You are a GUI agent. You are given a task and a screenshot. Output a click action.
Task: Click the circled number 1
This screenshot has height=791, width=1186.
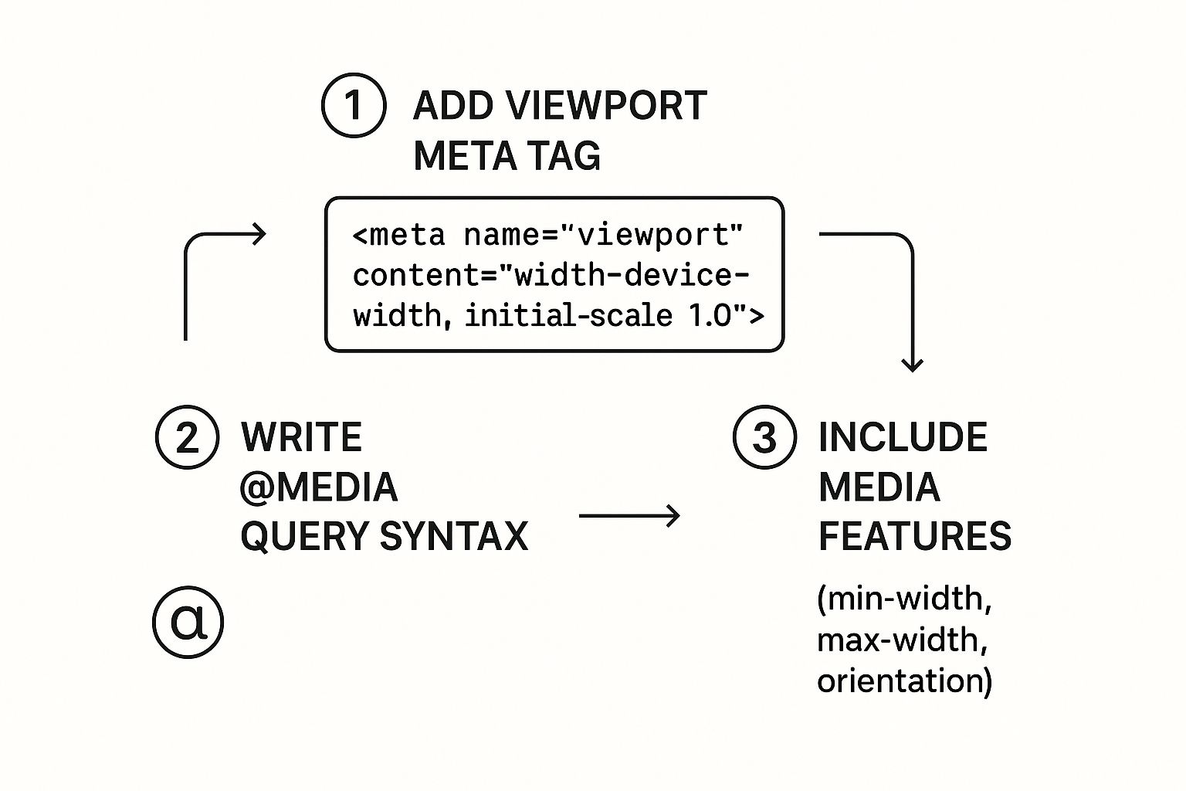354,106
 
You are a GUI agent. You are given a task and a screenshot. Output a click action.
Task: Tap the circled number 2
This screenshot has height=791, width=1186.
188,437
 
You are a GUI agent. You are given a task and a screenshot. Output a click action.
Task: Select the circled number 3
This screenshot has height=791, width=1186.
764,437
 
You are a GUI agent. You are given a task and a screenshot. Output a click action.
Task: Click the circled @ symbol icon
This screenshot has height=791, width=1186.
188,622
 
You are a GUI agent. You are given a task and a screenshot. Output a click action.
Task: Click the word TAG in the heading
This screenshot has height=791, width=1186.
570,156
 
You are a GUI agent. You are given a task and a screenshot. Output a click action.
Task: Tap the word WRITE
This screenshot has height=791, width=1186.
301,437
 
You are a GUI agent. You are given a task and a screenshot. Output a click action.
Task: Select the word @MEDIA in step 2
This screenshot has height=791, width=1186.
318,487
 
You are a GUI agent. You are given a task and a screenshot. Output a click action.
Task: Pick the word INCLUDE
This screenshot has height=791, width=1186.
903,437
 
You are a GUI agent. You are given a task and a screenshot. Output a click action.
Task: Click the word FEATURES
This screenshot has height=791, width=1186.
914,536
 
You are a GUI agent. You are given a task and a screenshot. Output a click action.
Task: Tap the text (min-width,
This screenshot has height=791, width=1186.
904,599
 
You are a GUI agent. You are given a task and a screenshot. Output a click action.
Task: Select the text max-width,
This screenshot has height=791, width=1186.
902,640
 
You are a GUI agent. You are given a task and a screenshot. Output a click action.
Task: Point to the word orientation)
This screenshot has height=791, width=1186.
904,681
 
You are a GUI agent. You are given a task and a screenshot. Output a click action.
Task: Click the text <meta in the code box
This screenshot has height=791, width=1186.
398,235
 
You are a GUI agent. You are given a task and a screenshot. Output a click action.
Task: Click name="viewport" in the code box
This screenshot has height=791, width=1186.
603,235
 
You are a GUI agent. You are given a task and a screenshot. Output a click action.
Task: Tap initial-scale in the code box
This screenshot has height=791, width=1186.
568,316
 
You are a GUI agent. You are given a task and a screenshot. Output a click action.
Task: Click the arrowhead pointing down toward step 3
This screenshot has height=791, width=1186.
913,364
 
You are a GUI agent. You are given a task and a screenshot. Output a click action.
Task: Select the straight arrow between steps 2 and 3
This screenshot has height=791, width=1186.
629,515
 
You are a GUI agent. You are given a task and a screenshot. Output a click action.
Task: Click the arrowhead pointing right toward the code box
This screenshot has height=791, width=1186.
259,233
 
